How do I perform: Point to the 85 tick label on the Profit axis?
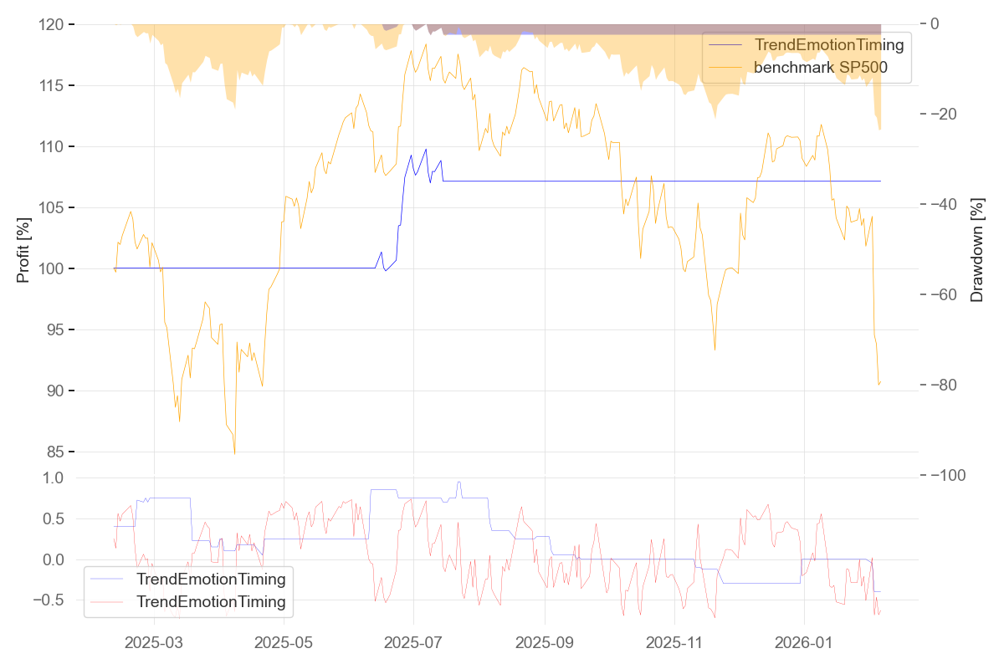[56, 452]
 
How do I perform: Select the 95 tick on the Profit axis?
[56, 329]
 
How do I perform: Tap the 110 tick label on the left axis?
[52, 146]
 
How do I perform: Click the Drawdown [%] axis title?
[976, 249]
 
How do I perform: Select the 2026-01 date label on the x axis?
[803, 643]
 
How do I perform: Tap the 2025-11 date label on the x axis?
[674, 643]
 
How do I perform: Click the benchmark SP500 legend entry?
[820, 68]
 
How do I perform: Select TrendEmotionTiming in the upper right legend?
[829, 45]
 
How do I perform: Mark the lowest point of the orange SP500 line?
[234, 454]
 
